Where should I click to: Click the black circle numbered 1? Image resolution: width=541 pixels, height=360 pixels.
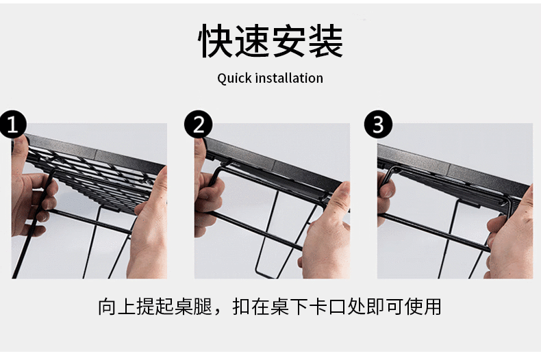[12, 125]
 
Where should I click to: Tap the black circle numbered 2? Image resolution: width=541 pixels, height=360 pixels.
[198, 125]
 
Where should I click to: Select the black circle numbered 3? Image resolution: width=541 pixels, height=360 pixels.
[378, 125]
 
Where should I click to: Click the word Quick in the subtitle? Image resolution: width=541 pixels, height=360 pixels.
[234, 78]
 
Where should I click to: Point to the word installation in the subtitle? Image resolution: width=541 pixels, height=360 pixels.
[288, 78]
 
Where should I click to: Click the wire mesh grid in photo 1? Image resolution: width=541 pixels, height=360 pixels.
[103, 171]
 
